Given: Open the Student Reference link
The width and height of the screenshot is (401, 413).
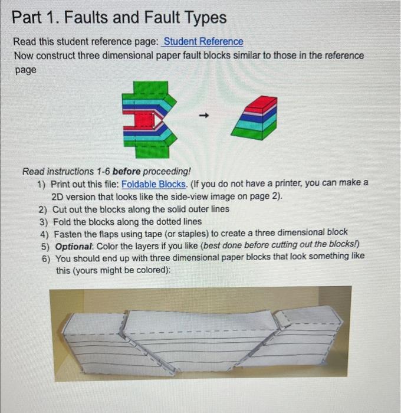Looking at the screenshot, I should pos(203,41).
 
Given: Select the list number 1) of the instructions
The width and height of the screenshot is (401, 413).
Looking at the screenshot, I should pos(42,183).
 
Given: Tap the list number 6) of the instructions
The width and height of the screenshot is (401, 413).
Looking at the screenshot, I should pos(46,258).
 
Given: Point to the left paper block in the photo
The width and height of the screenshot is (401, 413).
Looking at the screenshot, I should pos(97,345).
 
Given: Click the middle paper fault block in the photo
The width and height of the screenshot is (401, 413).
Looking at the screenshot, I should pos(200,342).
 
